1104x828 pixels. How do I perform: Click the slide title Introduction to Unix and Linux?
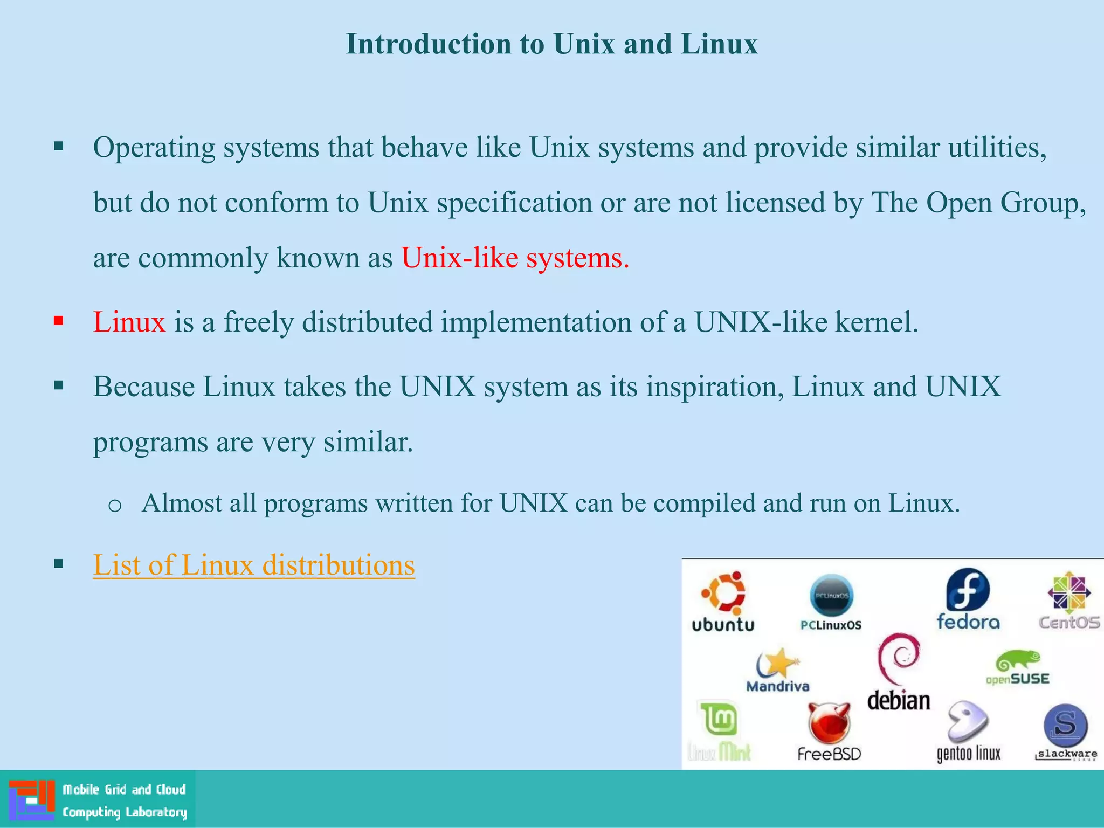click(551, 44)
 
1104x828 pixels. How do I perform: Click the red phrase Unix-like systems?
click(515, 258)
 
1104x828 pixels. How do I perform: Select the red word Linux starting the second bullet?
click(129, 322)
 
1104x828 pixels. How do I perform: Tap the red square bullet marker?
click(59, 322)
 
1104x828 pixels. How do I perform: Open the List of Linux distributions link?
click(253, 565)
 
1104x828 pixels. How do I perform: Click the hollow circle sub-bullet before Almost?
click(115, 505)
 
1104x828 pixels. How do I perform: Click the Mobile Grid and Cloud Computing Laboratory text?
click(124, 801)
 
